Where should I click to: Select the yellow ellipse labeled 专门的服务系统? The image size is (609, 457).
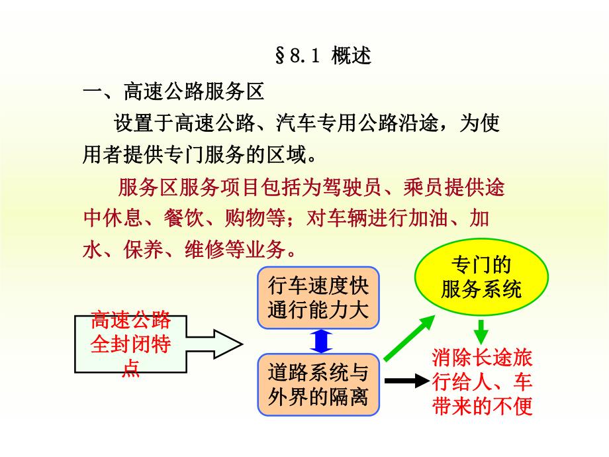point(481,278)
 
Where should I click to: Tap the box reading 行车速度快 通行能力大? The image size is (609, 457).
point(318,299)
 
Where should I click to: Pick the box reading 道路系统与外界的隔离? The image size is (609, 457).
point(318,385)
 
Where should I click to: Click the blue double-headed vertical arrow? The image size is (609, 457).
point(320,342)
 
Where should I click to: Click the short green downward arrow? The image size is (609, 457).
point(481,329)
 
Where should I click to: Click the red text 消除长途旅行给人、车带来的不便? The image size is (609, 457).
point(482,383)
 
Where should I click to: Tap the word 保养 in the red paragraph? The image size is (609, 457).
point(130,250)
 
